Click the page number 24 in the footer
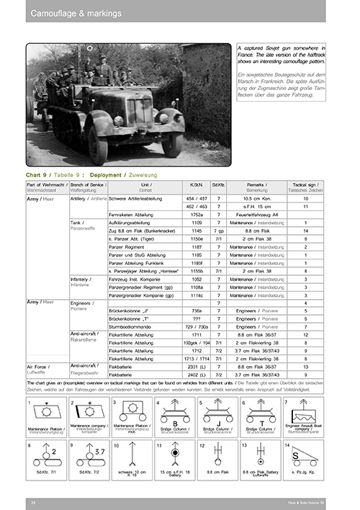tap(33, 501)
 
